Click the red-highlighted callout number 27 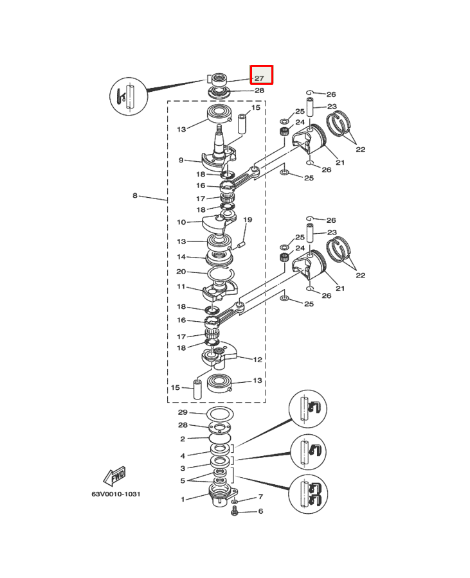[x=259, y=78]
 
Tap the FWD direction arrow [x=114, y=477]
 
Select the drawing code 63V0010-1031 [x=116, y=494]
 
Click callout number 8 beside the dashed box [x=135, y=195]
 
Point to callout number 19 [x=248, y=220]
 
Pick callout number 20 [x=181, y=271]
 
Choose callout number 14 [x=181, y=256]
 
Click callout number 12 [x=258, y=360]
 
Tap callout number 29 [x=183, y=412]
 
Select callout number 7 [x=260, y=496]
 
